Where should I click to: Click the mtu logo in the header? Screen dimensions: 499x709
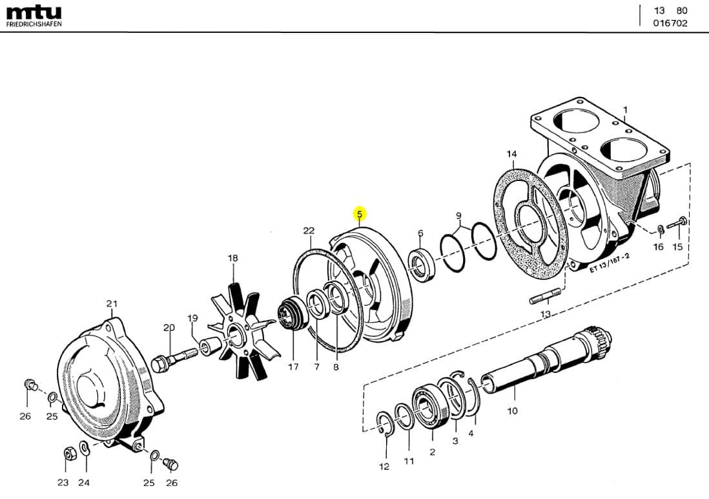pos(34,12)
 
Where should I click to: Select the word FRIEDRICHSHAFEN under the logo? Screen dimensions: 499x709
pos(34,24)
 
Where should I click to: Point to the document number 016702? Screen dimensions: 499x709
pos(670,23)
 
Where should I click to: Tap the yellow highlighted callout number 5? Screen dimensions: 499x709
pos(360,213)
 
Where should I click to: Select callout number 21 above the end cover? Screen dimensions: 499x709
pos(112,304)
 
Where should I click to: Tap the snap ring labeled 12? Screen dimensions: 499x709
pos(385,427)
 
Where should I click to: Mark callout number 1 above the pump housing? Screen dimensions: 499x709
pos(624,110)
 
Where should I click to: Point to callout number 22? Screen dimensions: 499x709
pos(309,231)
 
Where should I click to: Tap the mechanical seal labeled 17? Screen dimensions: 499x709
pos(289,315)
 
